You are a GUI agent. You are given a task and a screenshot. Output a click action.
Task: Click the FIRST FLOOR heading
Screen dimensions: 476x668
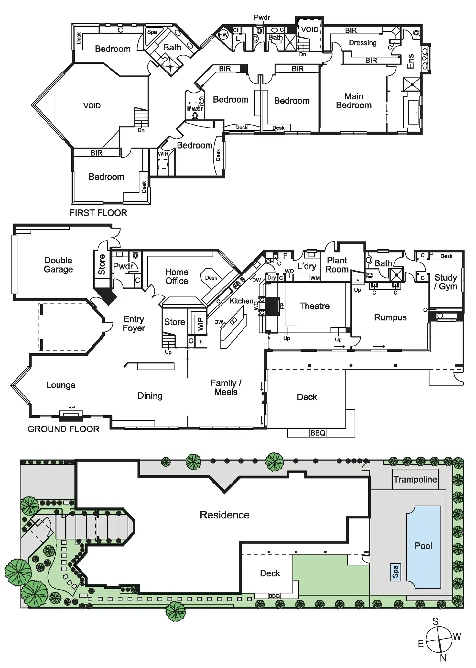[x=98, y=213]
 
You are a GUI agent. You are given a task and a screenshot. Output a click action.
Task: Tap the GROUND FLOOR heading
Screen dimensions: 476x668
[x=63, y=429]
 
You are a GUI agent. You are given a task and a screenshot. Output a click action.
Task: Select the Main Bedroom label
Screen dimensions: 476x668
[x=353, y=101]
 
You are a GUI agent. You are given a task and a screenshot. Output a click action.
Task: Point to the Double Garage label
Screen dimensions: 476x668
[x=58, y=265]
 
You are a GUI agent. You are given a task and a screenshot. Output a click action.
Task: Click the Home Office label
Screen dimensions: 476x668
[x=177, y=276]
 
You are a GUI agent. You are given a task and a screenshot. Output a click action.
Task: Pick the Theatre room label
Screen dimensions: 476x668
[x=314, y=306]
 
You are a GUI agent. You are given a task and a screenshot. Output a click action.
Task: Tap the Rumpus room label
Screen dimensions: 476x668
[x=390, y=317]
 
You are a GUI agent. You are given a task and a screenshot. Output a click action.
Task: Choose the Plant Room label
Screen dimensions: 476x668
[x=337, y=265]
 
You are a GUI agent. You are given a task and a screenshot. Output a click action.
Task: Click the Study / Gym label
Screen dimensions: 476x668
[x=446, y=282]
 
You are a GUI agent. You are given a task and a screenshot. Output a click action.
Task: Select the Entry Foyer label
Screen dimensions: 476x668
[x=134, y=324]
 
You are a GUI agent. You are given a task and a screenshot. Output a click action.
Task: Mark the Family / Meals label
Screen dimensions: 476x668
[x=226, y=387]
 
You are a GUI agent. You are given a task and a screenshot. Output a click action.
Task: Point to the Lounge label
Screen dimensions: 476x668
[x=61, y=385]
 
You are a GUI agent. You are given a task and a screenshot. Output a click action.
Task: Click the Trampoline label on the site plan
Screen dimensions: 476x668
[x=415, y=479]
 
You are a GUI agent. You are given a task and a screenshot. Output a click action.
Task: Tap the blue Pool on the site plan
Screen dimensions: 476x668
[x=424, y=547]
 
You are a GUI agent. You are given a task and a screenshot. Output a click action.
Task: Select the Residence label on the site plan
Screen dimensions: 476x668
[x=224, y=515]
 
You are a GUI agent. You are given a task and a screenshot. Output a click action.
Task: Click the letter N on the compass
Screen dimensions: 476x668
[x=443, y=658]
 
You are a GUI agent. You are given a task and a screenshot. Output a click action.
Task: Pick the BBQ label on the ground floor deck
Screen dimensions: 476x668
[x=318, y=433]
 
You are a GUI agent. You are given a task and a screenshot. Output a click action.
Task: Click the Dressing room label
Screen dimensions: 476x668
[x=362, y=43]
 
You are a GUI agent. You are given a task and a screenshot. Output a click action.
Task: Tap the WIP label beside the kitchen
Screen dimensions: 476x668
[x=200, y=324]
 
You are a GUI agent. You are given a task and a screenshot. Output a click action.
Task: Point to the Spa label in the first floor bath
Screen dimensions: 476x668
[x=152, y=32]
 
